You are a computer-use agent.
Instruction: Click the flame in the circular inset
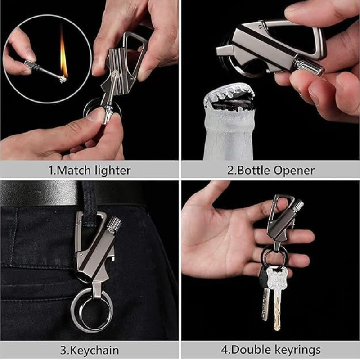pos(63,55)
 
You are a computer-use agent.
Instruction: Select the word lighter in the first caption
pos(113,171)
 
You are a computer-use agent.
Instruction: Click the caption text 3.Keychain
pos(90,351)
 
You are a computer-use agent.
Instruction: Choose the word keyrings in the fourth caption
pos(298,351)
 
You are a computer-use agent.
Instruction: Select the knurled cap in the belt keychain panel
pos(113,224)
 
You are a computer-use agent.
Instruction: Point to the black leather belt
pos(69,193)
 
